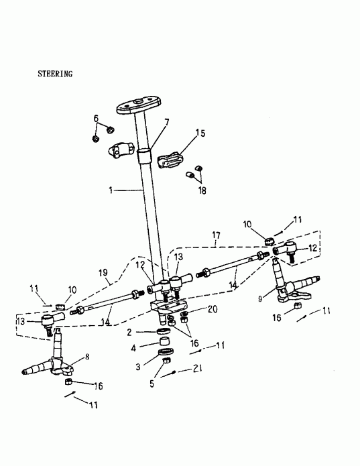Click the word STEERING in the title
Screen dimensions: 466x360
pos(54,74)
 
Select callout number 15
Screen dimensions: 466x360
pos(200,133)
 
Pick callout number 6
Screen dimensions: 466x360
pos(96,119)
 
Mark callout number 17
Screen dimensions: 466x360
pos(216,235)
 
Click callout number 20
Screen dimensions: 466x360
pos(213,309)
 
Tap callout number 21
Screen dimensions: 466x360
pos(197,369)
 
